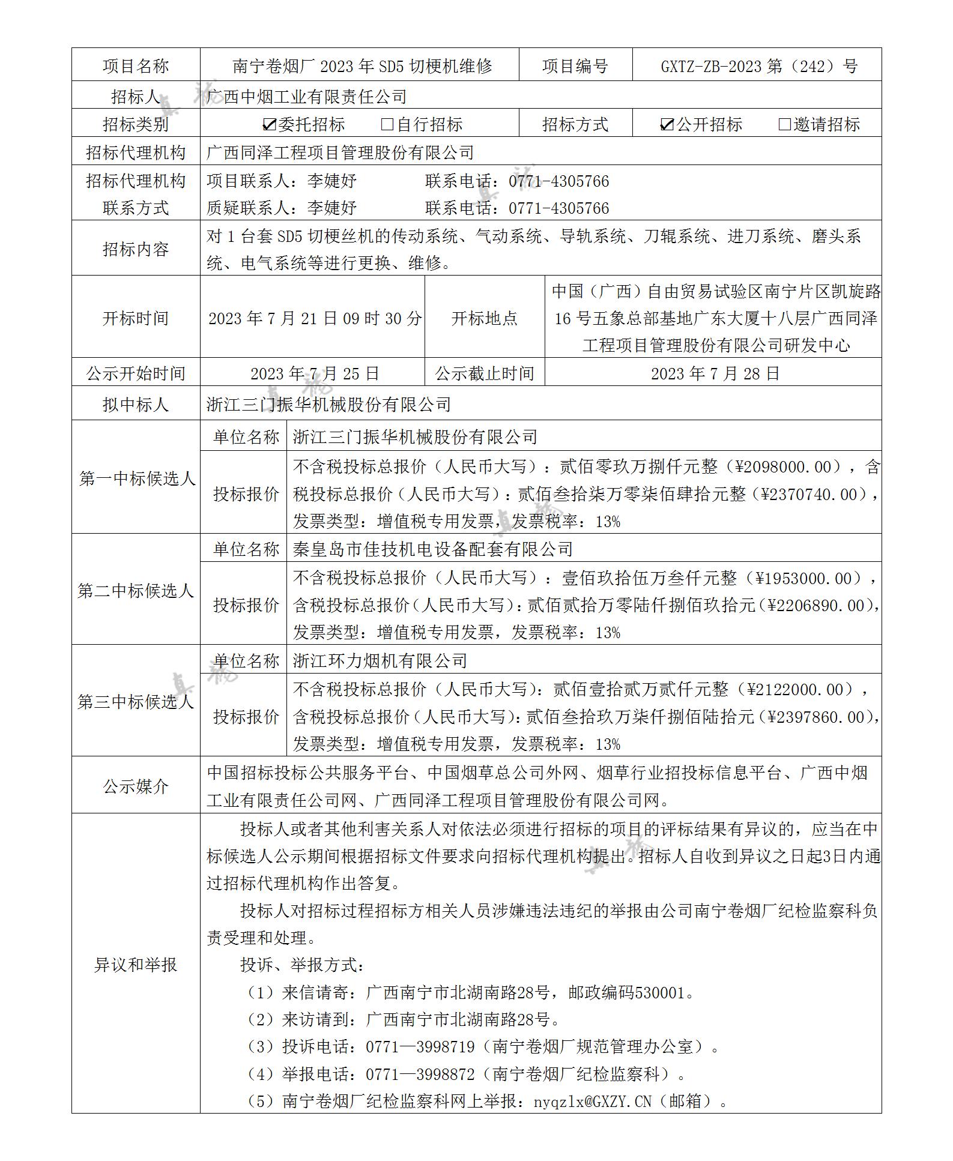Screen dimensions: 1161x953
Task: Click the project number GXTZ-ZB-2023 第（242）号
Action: pos(758,66)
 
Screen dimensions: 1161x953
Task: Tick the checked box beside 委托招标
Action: pos(270,125)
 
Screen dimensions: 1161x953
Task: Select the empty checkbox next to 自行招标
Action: pos(387,125)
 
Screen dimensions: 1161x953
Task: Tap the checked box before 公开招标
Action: pos(667,125)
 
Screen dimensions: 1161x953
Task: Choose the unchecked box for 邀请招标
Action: pos(784,125)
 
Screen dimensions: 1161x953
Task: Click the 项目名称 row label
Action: pos(136,66)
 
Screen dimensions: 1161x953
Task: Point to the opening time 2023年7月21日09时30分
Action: pos(315,318)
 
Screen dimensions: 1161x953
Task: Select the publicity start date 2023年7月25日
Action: pos(315,373)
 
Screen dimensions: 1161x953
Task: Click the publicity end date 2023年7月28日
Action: pos(715,373)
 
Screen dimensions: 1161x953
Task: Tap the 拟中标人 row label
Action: pos(136,405)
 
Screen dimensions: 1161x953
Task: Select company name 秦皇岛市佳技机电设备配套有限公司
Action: pos(433,549)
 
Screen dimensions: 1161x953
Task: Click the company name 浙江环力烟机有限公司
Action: pos(380,661)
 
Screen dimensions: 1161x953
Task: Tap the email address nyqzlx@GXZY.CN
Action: pos(592,1102)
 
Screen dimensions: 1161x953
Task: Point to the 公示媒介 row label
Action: pos(136,786)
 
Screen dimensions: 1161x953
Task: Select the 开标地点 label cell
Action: pos(484,318)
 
